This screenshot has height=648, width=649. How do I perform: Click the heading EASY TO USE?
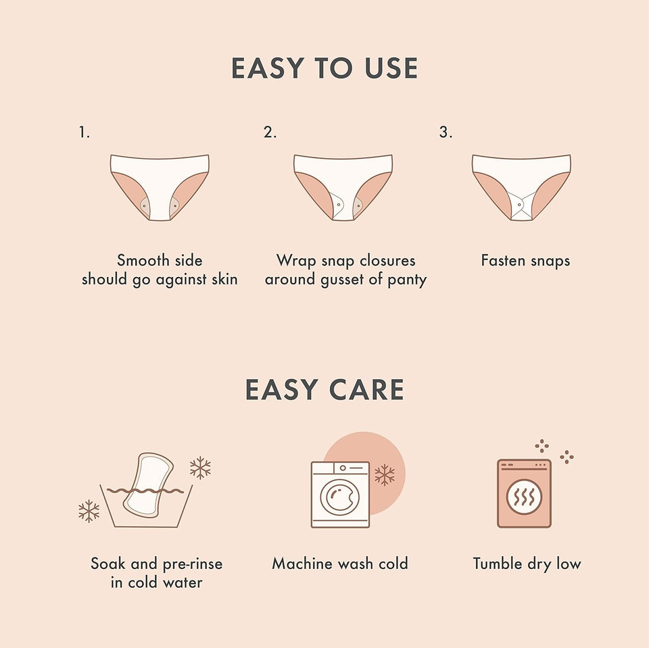(324, 68)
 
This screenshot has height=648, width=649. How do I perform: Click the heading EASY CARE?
(324, 390)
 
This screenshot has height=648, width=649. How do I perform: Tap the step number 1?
(84, 132)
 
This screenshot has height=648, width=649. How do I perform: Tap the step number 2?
(270, 132)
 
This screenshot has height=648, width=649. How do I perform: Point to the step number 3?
(445, 132)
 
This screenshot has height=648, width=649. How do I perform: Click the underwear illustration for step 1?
(160, 186)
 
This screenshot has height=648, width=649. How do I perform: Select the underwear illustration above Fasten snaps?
(521, 186)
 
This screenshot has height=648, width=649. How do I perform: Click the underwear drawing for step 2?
(343, 186)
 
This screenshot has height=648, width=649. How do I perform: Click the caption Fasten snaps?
(525, 260)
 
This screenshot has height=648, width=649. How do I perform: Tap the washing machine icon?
(340, 495)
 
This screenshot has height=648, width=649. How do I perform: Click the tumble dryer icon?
(524, 493)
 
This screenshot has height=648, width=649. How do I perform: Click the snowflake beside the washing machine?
(385, 474)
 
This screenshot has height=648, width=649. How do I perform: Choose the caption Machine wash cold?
(340, 564)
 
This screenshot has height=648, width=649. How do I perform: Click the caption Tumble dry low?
(527, 564)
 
